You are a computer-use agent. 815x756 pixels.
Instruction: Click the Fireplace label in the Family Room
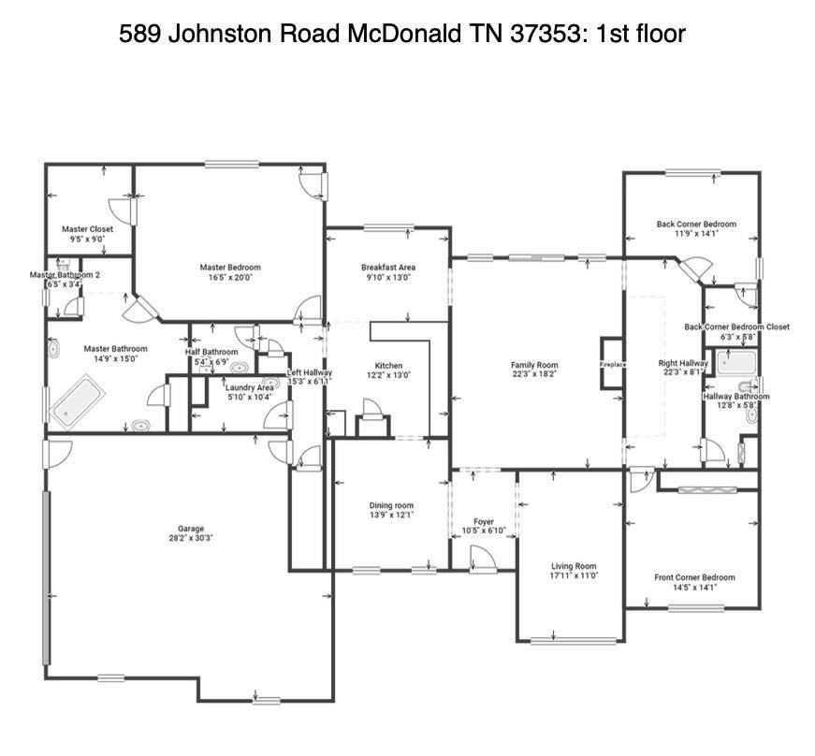pos(613,364)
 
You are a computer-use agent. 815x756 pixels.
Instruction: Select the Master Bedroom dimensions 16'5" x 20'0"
pos(229,277)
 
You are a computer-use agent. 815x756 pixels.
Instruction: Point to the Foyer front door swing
pos(484,559)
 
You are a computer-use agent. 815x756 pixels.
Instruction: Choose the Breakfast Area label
pos(388,268)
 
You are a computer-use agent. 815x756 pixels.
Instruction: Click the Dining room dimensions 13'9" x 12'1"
pos(391,516)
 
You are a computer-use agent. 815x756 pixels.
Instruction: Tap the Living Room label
pos(573,566)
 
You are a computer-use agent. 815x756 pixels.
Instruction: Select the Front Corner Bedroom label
pos(694,577)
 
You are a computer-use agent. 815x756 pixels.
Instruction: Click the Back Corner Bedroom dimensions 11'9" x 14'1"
pos(695,234)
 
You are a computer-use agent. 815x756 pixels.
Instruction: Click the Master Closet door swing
pos(123,211)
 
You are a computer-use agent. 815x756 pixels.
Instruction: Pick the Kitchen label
pos(389,366)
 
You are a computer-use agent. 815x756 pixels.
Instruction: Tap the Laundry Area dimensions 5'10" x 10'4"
pos(250,398)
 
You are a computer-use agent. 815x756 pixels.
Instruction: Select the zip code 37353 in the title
pos(544,35)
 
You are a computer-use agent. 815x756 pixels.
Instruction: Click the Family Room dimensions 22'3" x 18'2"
pos(534,374)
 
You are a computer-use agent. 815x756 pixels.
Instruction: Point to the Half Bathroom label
pos(211,352)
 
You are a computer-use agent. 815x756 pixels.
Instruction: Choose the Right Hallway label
pos(683,363)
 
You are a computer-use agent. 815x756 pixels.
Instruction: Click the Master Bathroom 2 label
pos(65,275)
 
